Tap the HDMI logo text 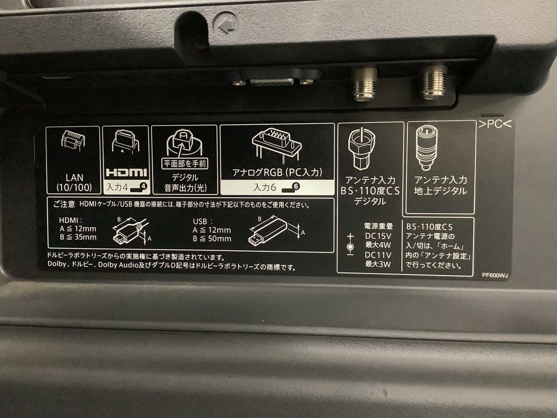tap(126, 172)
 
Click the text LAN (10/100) tap(74, 182)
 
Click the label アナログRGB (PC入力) tap(276, 172)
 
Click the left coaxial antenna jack tap(364, 84)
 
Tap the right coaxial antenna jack tap(434, 82)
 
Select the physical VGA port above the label tap(272, 81)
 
